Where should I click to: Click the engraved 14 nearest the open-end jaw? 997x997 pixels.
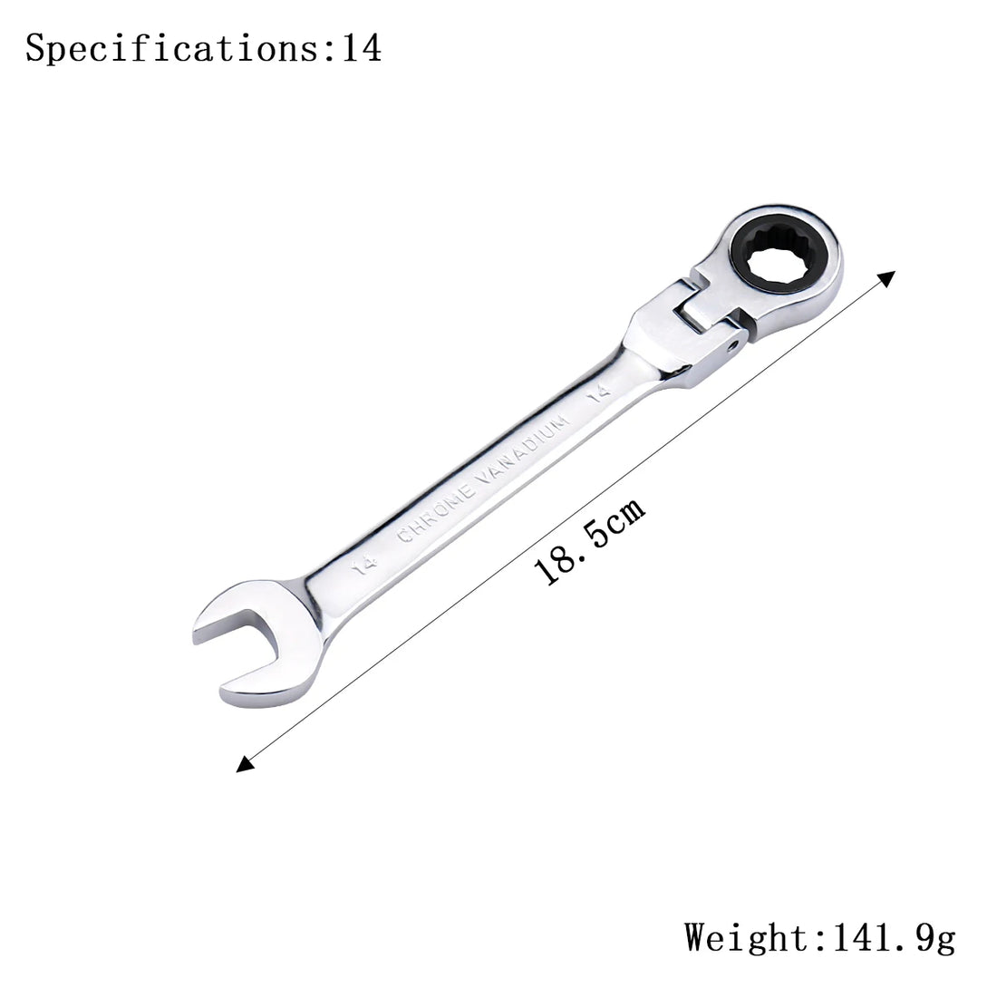point(364,566)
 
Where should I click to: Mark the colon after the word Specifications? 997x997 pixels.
point(328,49)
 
